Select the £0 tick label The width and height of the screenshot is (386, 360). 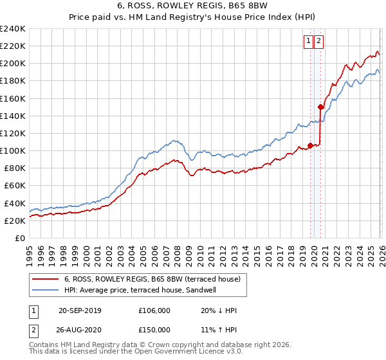[19, 238]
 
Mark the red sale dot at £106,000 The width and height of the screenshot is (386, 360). [310, 145]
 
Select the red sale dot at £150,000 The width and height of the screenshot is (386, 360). [320, 107]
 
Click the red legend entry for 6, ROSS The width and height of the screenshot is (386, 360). [152, 279]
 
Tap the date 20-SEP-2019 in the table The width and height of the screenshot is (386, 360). [80, 310]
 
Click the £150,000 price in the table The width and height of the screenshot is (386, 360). [154, 330]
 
